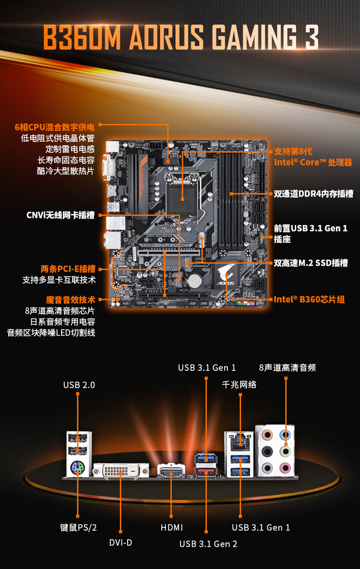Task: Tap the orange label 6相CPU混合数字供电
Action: click(x=55, y=127)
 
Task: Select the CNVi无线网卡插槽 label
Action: click(x=60, y=215)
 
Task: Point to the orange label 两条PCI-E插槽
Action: click(x=68, y=269)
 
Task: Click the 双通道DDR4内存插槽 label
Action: click(x=313, y=194)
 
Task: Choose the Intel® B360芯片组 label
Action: click(x=309, y=299)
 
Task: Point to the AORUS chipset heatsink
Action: click(x=226, y=277)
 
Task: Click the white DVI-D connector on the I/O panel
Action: click(x=120, y=471)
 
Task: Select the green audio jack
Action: click(x=286, y=451)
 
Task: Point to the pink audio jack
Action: click(x=286, y=467)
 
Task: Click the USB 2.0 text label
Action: click(x=79, y=385)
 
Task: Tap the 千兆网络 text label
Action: click(x=239, y=385)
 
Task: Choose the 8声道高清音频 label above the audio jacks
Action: click(x=287, y=367)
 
